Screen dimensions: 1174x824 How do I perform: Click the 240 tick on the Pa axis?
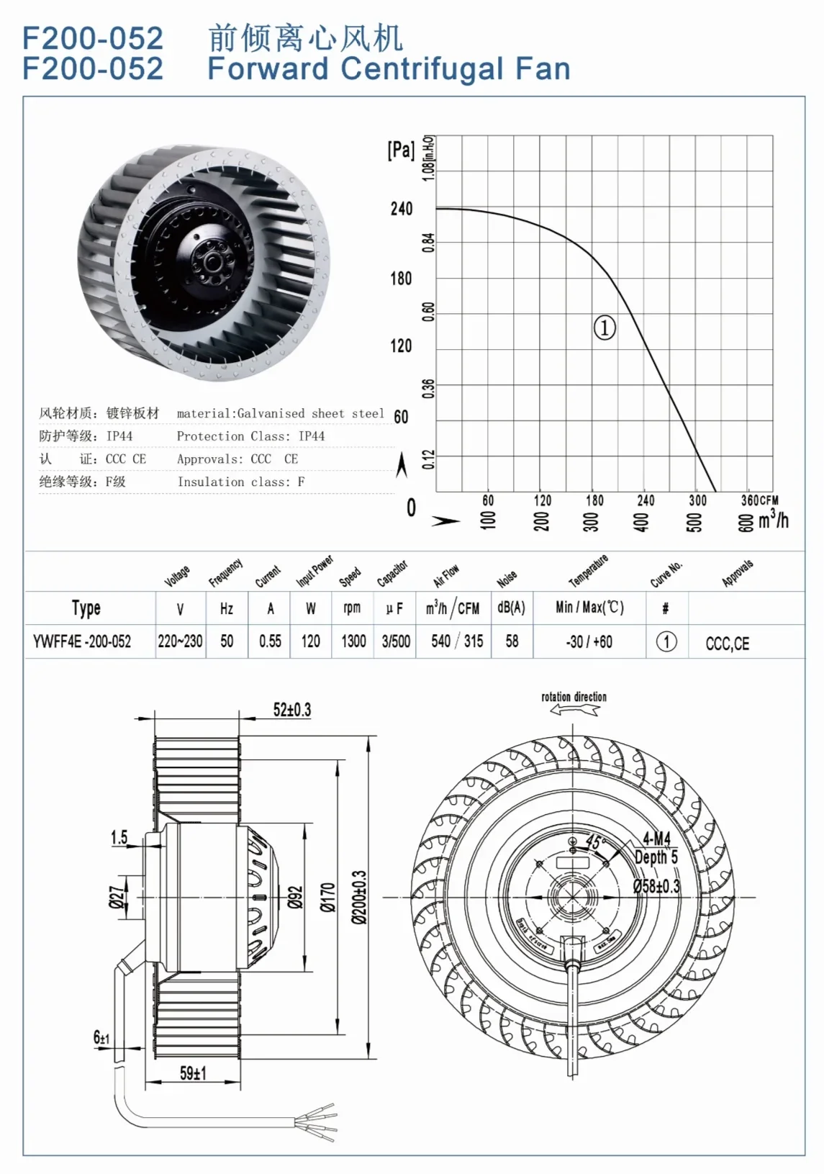(402, 209)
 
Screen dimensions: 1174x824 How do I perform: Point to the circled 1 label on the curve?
(604, 328)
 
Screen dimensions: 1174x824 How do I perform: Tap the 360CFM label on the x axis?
(759, 500)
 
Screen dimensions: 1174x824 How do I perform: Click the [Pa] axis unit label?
(401, 150)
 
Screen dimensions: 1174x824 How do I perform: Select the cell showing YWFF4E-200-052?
(82, 641)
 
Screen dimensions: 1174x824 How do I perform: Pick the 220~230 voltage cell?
(180, 641)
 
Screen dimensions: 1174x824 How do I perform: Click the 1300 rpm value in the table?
(353, 641)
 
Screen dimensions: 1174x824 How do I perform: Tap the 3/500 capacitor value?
(396, 641)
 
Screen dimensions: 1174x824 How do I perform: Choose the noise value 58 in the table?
(512, 641)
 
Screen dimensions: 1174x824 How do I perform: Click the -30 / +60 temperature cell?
(589, 641)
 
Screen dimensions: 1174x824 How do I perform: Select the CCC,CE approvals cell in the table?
(727, 644)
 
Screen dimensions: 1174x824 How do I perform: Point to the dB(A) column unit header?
(511, 608)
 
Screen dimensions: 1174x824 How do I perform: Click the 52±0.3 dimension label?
(291, 710)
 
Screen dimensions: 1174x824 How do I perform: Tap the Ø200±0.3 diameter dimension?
(359, 897)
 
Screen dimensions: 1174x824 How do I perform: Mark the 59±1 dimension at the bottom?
(193, 1073)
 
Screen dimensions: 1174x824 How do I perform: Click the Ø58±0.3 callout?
(656, 886)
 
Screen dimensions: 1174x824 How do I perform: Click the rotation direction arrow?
(574, 710)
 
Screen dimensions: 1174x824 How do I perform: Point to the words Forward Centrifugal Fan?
(389, 69)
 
